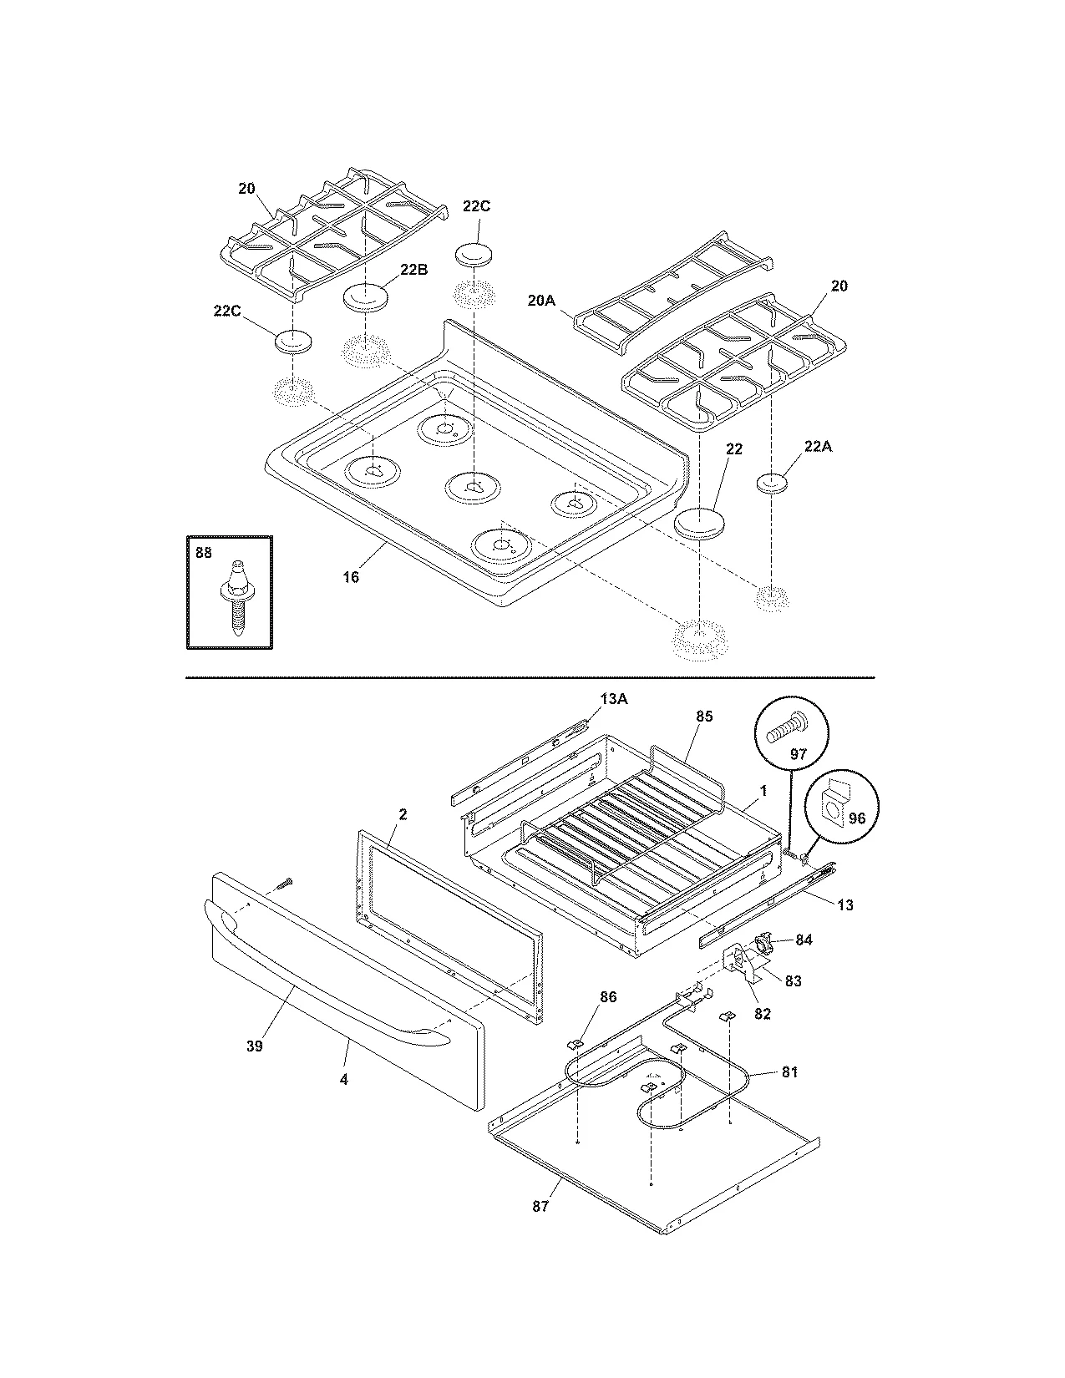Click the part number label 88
[204, 552]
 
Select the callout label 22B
[414, 269]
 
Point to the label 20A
[540, 300]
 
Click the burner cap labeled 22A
[773, 483]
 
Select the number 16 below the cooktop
[351, 577]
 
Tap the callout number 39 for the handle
[254, 1045]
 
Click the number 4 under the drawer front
[343, 1078]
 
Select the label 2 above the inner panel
[403, 813]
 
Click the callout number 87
[540, 1206]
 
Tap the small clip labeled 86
[576, 1042]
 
